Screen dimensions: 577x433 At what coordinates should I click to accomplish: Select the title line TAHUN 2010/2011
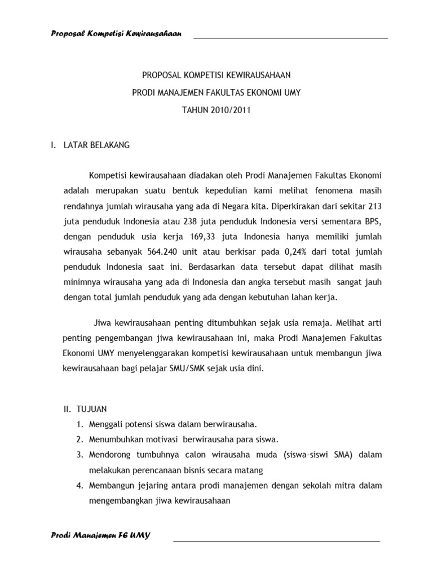215,110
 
